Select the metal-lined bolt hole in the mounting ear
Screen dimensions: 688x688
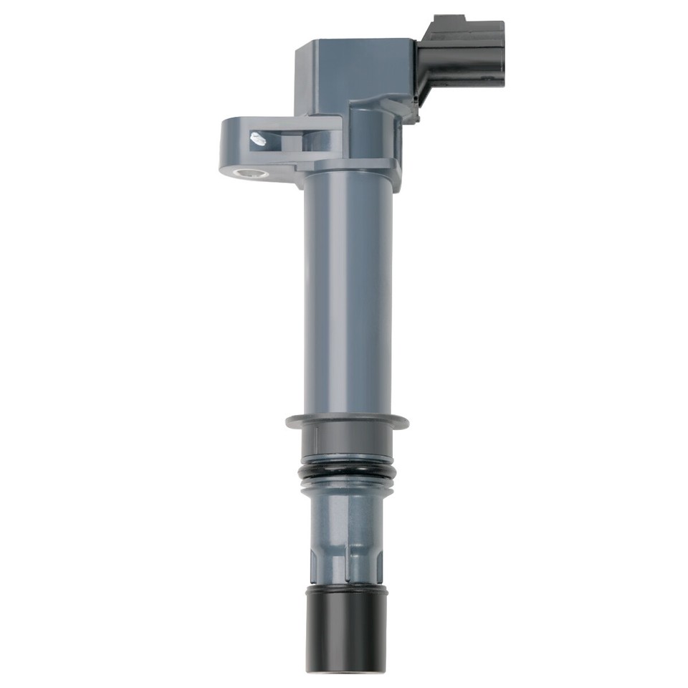(x=252, y=173)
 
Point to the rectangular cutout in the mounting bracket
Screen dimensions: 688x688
(x=276, y=140)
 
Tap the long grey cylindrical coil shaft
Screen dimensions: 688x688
(x=348, y=294)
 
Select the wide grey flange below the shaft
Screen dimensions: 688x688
(x=347, y=421)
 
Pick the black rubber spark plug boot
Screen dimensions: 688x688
(x=347, y=631)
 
